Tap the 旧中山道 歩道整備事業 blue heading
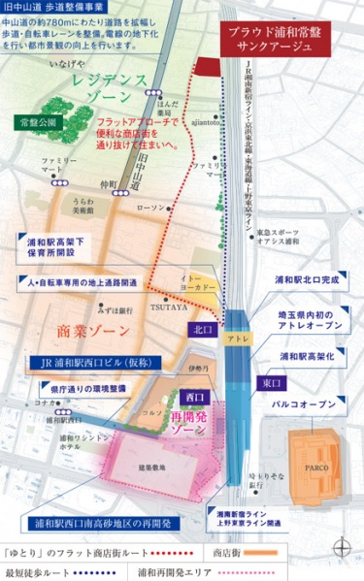(x=58, y=8)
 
